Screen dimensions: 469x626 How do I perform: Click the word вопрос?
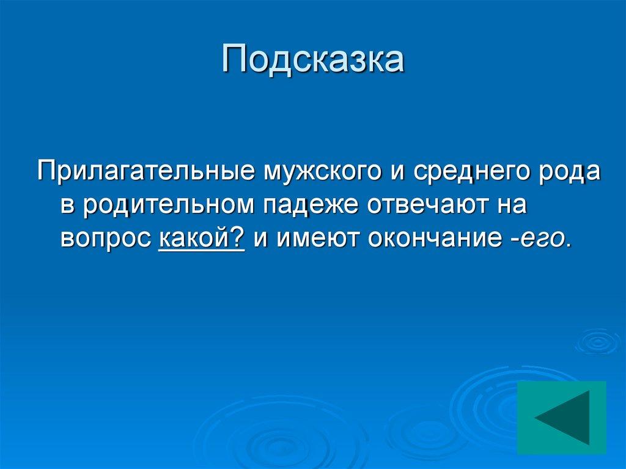pyautogui.click(x=105, y=239)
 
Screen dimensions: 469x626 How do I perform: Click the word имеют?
pyautogui.click(x=318, y=239)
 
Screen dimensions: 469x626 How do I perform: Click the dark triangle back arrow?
pyautogui.click(x=562, y=418)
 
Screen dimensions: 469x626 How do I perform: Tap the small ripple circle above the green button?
pyautogui.click(x=597, y=341)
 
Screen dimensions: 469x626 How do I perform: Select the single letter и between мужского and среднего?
pyautogui.click(x=395, y=172)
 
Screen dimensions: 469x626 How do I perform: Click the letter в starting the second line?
pyautogui.click(x=67, y=206)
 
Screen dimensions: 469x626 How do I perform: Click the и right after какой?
pyautogui.click(x=261, y=239)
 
